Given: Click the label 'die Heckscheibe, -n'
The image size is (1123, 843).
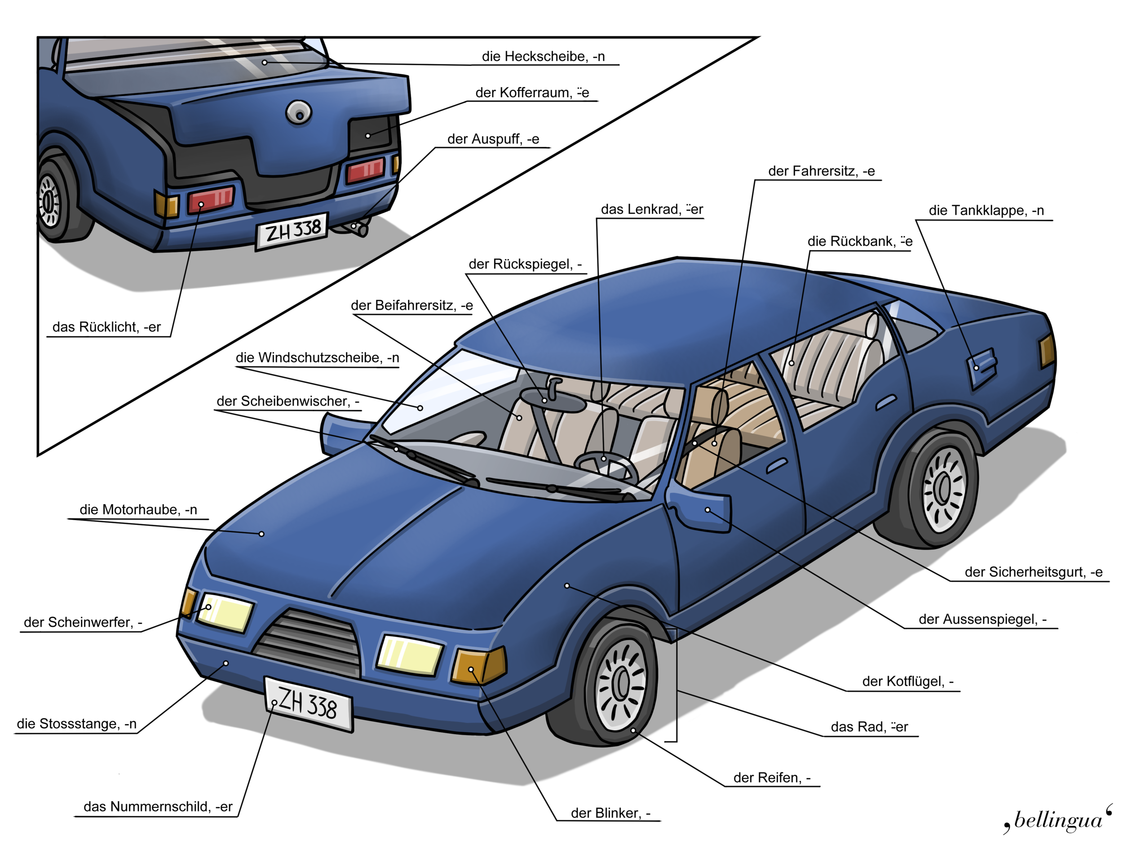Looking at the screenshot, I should [543, 56].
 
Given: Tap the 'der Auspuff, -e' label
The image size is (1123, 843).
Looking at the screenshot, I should [493, 139].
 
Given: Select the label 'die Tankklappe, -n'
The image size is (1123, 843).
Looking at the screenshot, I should [986, 210].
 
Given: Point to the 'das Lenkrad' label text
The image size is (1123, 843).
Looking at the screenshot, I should [651, 210].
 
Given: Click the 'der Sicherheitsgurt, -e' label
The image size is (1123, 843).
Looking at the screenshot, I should [1033, 572].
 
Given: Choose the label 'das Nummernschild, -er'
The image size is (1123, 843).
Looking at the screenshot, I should [158, 807].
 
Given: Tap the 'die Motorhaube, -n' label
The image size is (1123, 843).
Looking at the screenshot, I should [138, 510].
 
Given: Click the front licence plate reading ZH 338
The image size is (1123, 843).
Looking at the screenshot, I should [308, 704].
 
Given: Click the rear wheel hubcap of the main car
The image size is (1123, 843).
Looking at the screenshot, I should [943, 489].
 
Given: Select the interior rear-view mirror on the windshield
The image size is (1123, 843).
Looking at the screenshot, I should [553, 399].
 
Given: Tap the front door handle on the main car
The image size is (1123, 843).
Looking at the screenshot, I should [776, 464].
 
